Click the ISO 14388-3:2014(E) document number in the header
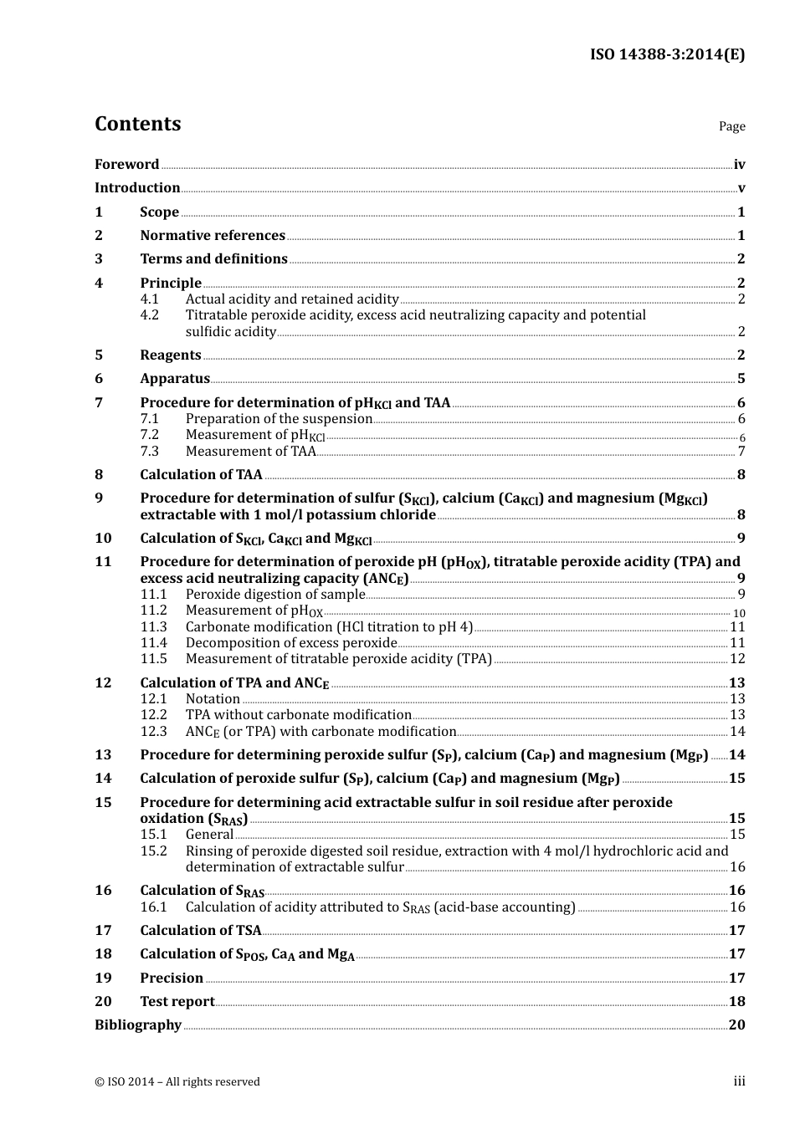coord(667,55)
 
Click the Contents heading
coord(137,124)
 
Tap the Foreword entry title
coord(126,165)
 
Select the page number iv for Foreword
coord(739,165)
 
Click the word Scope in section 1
coord(159,212)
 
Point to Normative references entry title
coord(213,236)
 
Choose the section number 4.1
coord(149,299)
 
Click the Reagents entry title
coord(171,355)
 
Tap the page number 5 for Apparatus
coord(741,379)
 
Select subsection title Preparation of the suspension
coord(279,419)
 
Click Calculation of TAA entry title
coord(201,475)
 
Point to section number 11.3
coord(153,627)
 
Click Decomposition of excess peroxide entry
coord(291,643)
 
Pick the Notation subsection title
coord(213,699)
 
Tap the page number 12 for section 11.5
coord(737,659)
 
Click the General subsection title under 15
coord(209,835)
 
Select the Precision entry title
coord(172,978)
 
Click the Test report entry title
coord(177,1002)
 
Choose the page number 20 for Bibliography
coord(736,1025)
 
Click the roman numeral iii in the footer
coord(739,1081)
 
